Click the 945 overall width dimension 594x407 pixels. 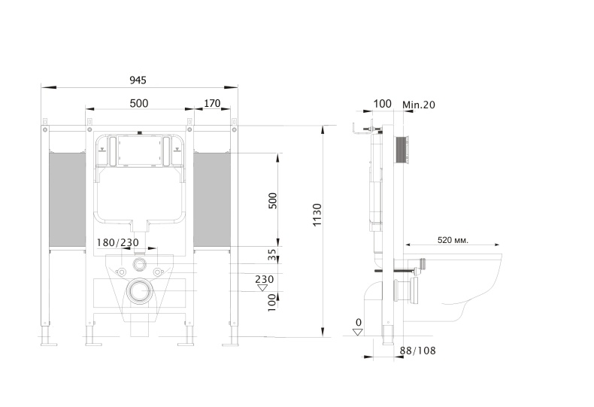click(x=138, y=80)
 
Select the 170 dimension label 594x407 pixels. click(x=212, y=104)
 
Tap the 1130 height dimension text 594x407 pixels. click(x=317, y=215)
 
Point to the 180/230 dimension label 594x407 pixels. click(x=118, y=242)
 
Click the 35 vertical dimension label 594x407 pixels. click(x=272, y=255)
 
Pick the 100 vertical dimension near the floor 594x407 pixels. click(x=272, y=302)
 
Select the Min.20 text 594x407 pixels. click(x=419, y=105)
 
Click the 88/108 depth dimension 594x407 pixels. click(x=417, y=351)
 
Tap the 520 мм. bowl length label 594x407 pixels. click(x=453, y=240)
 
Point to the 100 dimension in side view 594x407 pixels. click(x=382, y=104)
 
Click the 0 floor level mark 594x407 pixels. click(x=359, y=323)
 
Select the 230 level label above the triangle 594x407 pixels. click(x=264, y=279)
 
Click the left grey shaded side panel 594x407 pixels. click(x=68, y=199)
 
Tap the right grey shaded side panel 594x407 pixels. click(x=212, y=199)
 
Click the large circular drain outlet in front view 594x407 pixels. click(x=140, y=291)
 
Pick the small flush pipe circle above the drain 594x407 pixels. click(x=140, y=264)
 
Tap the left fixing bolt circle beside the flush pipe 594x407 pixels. click(x=122, y=272)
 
